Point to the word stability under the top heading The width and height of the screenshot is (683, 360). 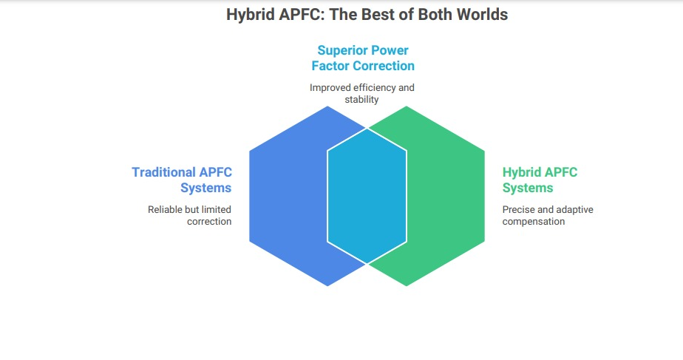(x=361, y=99)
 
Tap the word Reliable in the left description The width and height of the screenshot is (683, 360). (x=165, y=210)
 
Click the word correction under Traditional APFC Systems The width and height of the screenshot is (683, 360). (x=209, y=222)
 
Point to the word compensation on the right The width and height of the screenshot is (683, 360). (x=534, y=222)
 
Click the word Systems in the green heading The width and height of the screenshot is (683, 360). (x=528, y=188)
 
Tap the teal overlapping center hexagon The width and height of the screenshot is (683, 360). (x=367, y=196)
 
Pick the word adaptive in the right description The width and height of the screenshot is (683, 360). (x=575, y=210)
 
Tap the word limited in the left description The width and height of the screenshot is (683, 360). (x=216, y=210)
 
